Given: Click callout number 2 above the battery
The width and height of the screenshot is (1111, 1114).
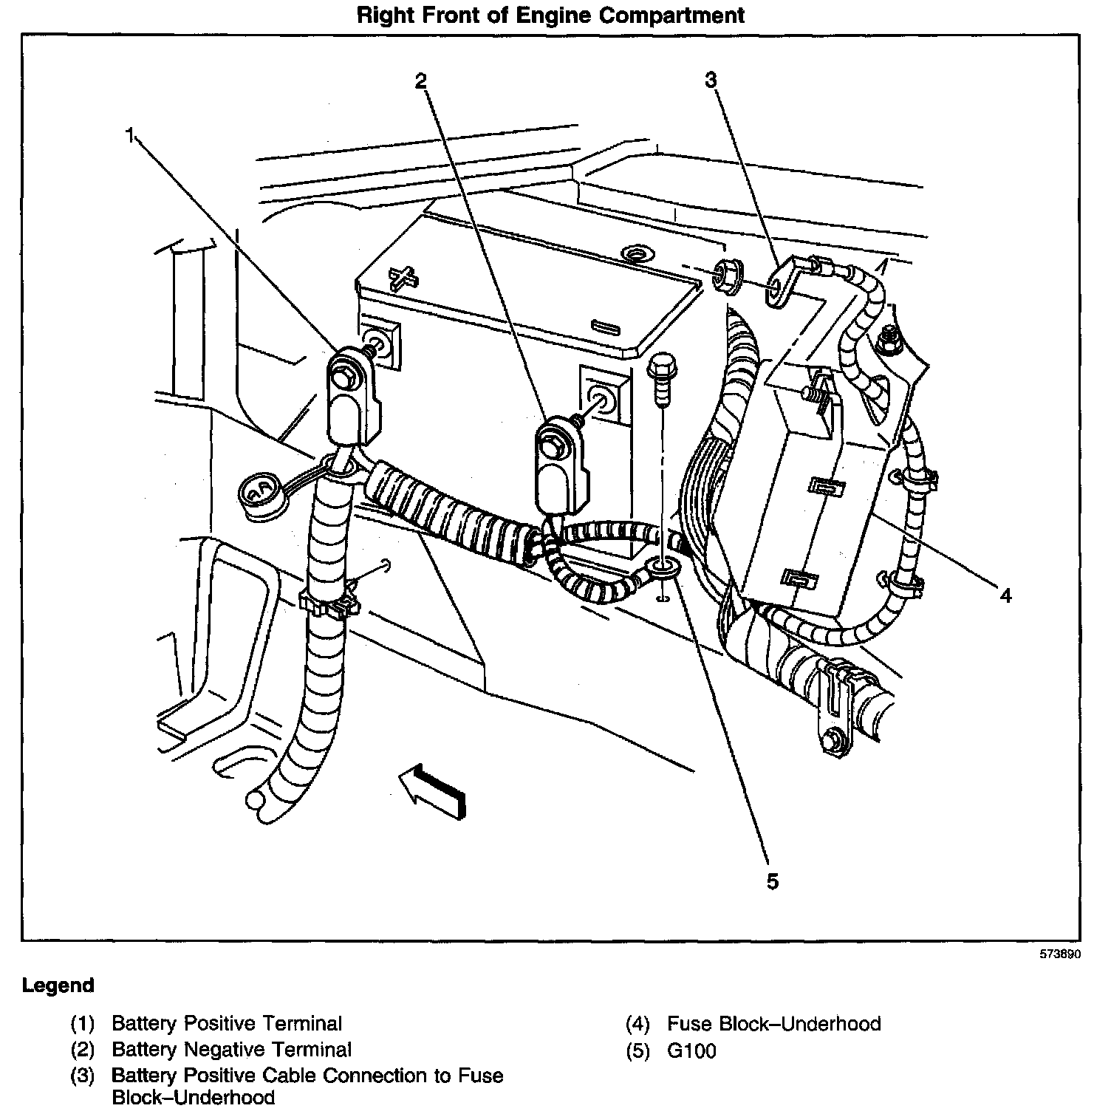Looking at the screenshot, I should coord(420,81).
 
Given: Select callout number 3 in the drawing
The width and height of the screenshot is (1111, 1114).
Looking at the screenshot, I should coord(711,81).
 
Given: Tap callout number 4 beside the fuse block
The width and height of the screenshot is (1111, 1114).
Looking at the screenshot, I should coord(1005,595).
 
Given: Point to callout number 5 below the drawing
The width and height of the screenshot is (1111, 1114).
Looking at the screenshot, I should coord(772,881).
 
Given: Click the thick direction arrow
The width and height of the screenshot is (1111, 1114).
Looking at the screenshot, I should coord(433,790).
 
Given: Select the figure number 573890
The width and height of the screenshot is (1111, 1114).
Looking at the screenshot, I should coord(1061,954).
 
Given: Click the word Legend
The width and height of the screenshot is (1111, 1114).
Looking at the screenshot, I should coord(58,985).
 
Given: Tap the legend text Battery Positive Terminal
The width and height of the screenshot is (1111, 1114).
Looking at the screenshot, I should coord(226,1024).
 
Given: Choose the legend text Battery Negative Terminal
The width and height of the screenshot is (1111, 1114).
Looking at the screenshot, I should coord(231,1049).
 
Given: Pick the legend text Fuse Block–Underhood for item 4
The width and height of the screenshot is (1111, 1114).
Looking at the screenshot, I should coord(773,1024).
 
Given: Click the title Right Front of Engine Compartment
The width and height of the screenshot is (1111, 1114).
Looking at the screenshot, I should coord(551,16).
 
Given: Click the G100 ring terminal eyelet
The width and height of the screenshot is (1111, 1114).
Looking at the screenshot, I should coord(661,570).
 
